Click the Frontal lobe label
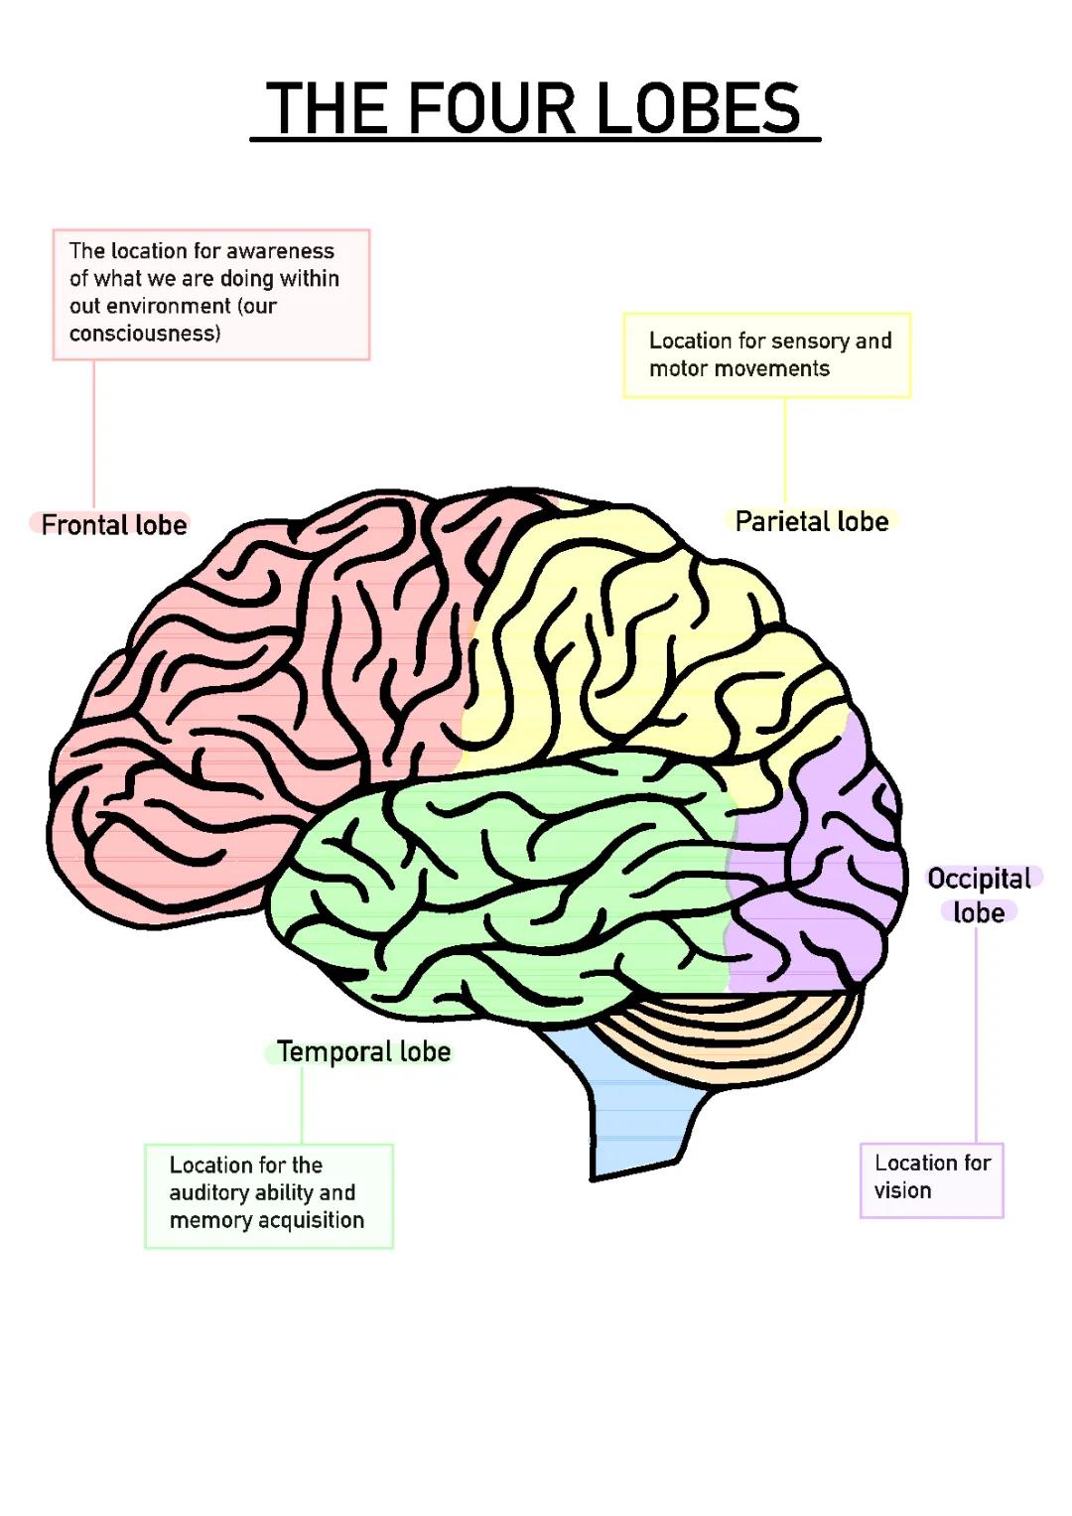click(x=113, y=524)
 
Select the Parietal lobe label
click(x=811, y=521)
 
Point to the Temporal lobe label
click(x=363, y=1051)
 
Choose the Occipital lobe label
click(x=979, y=895)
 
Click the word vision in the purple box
click(x=902, y=1190)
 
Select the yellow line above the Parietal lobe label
click(x=785, y=452)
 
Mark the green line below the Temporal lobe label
click(x=302, y=1105)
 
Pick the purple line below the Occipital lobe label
click(x=976, y=1033)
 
